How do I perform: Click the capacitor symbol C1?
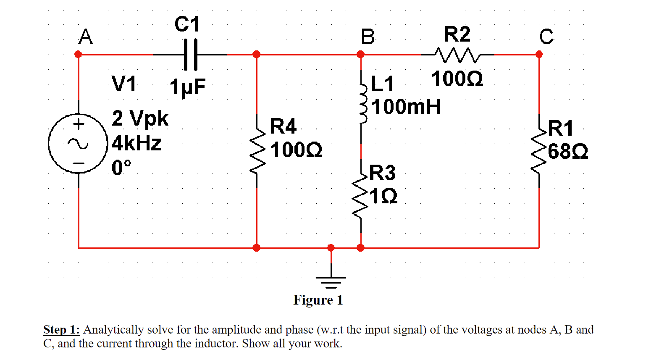[190, 55]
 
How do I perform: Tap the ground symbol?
[331, 281]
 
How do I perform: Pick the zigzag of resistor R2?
[457, 54]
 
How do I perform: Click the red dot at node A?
[78, 55]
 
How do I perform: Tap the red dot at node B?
[360, 55]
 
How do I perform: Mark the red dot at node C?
[539, 55]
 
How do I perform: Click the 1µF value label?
[188, 87]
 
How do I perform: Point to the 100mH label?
[406, 107]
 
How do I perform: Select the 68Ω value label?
[568, 152]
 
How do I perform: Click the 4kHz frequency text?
[137, 143]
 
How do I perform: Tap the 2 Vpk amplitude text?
[140, 118]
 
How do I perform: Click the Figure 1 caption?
[318, 300]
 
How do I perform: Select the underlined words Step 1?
[61, 330]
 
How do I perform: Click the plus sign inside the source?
[79, 124]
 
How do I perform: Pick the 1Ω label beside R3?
[383, 196]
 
